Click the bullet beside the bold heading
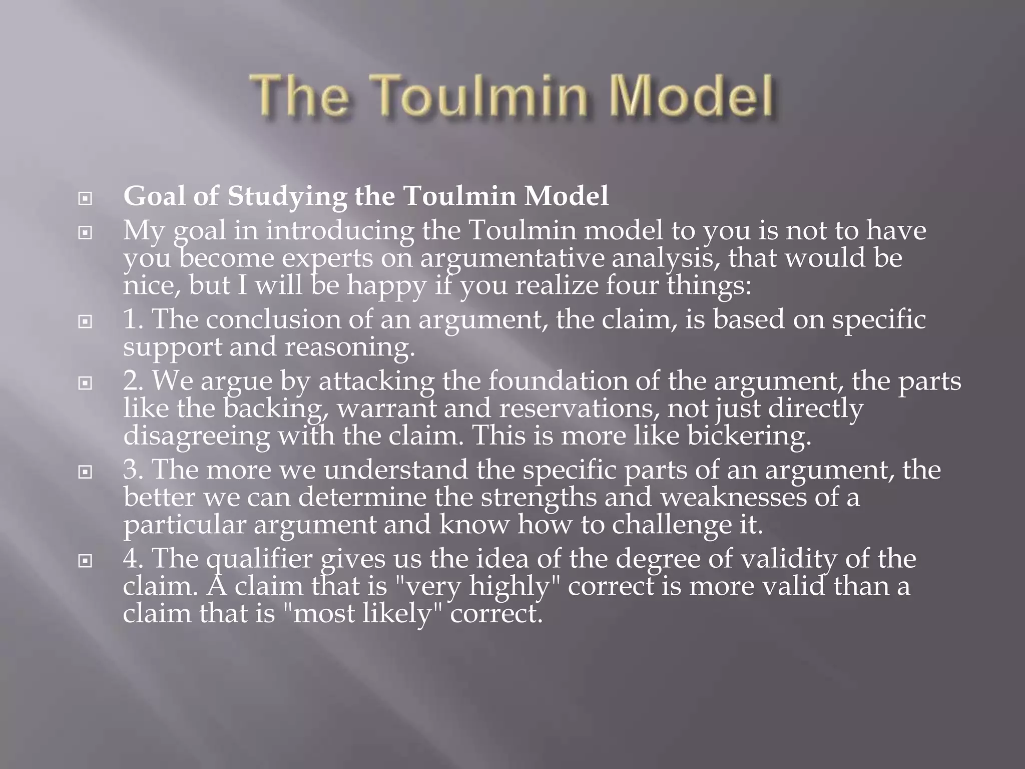coord(86,199)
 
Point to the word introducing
coord(340,231)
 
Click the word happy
coord(386,286)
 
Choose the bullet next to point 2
coord(86,383)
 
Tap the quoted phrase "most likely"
coord(362,613)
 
